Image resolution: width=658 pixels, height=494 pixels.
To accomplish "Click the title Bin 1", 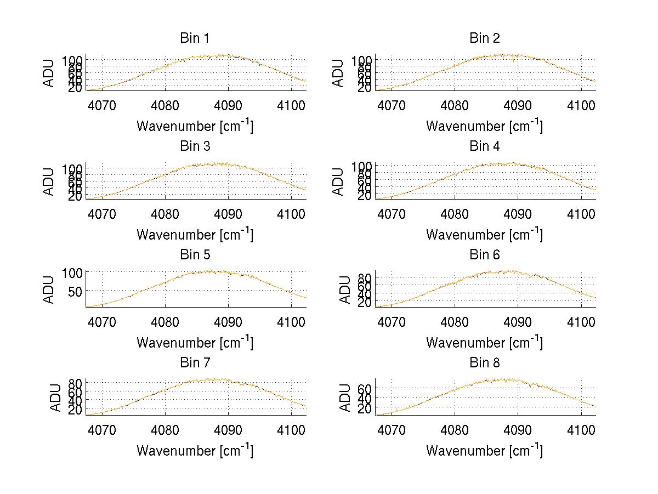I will (x=195, y=38).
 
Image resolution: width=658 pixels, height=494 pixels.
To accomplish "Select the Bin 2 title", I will (x=485, y=38).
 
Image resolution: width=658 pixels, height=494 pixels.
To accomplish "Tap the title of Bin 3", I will (x=195, y=146).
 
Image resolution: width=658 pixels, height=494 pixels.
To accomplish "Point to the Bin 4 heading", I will (x=485, y=146).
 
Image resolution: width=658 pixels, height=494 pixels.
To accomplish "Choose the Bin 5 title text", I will (x=195, y=255).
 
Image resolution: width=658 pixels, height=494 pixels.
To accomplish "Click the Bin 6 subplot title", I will (x=485, y=255).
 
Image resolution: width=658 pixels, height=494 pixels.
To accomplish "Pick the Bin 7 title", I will (x=195, y=363).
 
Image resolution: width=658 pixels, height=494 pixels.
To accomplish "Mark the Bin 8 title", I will (x=485, y=363).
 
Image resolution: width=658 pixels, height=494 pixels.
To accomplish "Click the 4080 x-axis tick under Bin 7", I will (x=166, y=429).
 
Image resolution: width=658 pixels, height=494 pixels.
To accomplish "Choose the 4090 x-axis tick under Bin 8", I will (x=518, y=429).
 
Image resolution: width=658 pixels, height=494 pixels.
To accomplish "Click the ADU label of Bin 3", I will (x=49, y=181).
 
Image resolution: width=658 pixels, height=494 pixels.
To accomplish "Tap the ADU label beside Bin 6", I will (x=344, y=289).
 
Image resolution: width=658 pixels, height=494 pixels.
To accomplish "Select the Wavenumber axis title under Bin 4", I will (x=484, y=234).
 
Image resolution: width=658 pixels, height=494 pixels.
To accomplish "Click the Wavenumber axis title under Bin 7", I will (x=195, y=450).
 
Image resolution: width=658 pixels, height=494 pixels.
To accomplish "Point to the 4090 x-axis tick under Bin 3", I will (x=228, y=213).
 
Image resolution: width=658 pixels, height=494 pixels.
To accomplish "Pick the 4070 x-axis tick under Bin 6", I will (x=392, y=321).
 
